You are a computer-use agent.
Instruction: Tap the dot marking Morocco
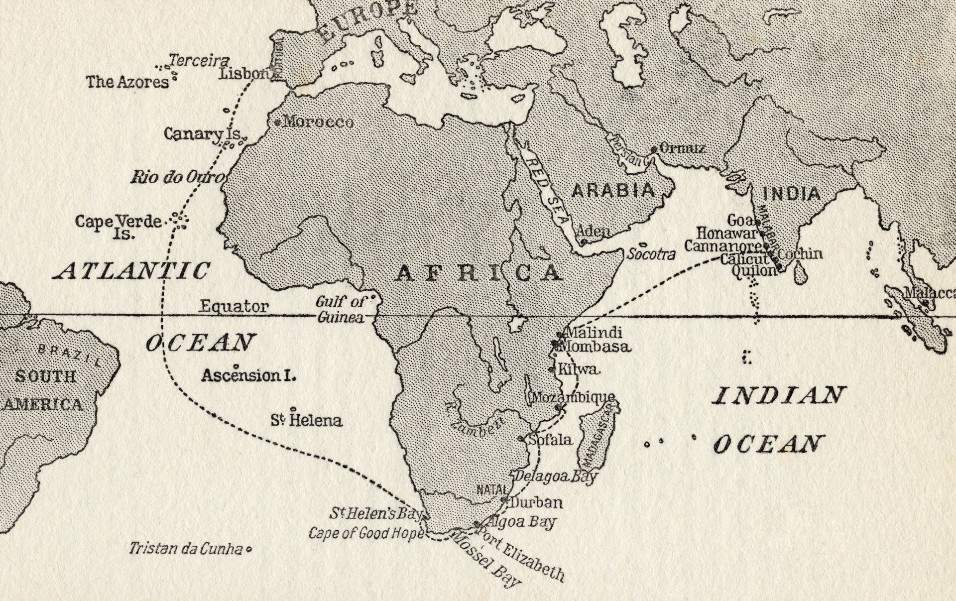[x=278, y=122]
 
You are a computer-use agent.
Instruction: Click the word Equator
[x=234, y=306]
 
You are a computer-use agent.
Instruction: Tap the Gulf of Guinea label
[x=341, y=309]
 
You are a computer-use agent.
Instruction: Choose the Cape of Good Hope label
[x=366, y=534]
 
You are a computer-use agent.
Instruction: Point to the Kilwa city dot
[x=551, y=370]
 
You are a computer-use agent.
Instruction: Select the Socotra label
[x=651, y=254]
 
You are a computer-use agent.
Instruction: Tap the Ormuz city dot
[x=654, y=149]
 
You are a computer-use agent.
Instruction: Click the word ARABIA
[x=612, y=190]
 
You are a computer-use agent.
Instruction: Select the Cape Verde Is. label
[x=119, y=226]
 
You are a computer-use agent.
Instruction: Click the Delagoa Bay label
[x=555, y=477]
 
